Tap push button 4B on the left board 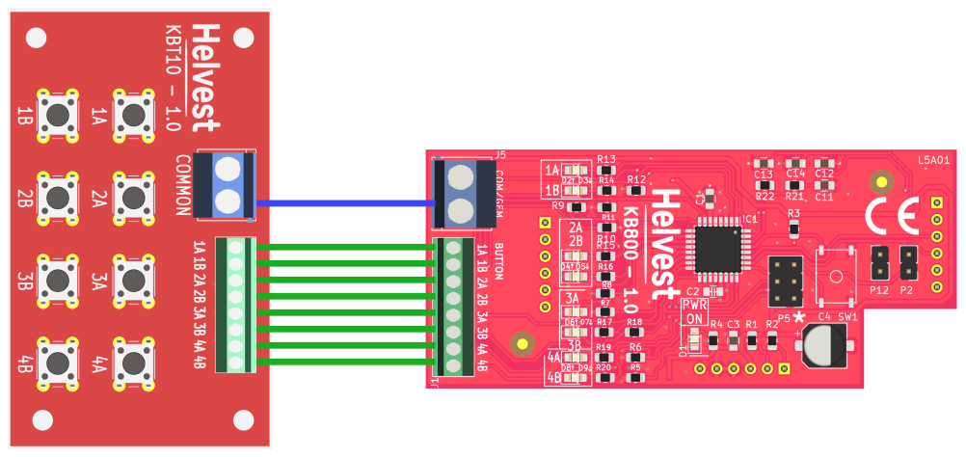58,363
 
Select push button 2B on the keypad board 58,197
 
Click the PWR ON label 694,311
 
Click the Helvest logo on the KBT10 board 204,77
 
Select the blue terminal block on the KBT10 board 225,184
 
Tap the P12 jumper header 878,261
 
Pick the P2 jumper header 906,261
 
